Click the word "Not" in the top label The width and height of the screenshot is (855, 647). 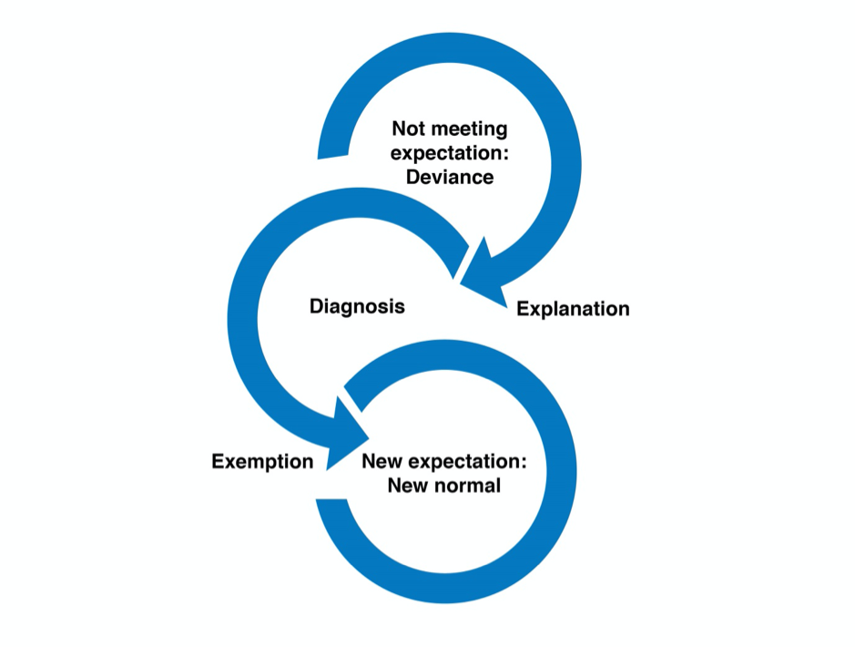[x=408, y=129]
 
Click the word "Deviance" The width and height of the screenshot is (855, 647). [x=450, y=177]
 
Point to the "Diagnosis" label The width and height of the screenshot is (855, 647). [x=357, y=306]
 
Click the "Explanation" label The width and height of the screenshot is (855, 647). [x=573, y=309]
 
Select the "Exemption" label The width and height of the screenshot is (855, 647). [x=262, y=462]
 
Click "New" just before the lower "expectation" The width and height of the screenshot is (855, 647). [x=382, y=461]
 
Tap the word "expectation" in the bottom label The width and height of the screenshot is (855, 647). [x=462, y=461]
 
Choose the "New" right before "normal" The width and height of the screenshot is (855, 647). [x=407, y=485]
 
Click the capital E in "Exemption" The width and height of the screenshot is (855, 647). [x=218, y=462]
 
